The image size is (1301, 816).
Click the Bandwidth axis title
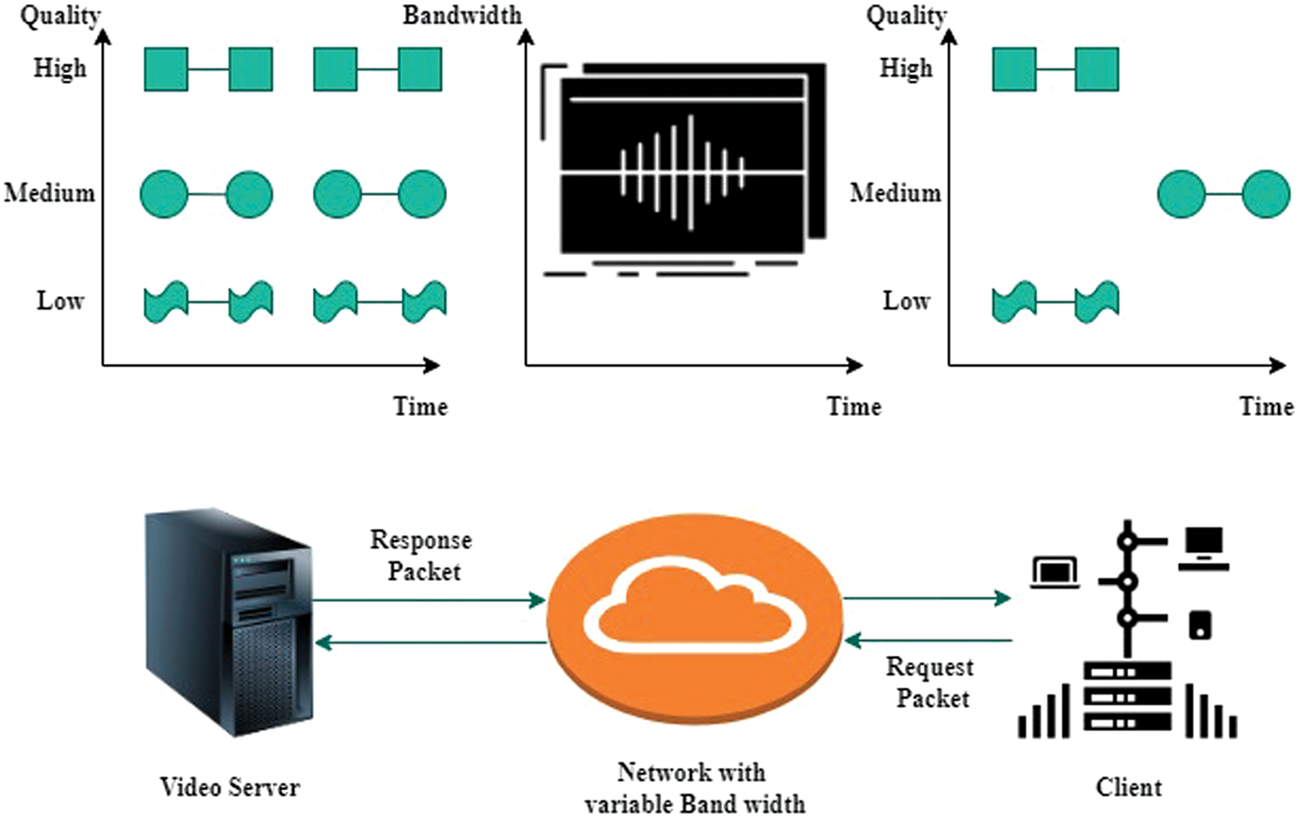coord(462,15)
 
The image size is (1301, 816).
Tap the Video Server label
coord(230,788)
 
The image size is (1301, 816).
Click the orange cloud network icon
coord(694,619)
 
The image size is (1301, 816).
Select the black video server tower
coord(229,623)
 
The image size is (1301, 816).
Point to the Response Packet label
coord(421,556)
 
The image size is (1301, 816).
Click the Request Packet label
coord(931,682)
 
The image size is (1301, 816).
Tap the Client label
coord(1129,788)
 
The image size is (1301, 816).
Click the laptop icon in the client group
coord(1055,573)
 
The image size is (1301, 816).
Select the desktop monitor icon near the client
coord(1204,549)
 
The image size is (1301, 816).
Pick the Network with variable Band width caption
coord(694,788)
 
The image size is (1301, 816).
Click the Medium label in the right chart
coord(895,193)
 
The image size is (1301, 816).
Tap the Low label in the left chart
coord(61,301)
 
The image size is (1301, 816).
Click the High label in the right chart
coord(906,68)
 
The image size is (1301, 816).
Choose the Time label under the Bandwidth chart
coord(854,406)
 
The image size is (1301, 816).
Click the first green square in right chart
coord(1014,70)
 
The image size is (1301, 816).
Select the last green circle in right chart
coord(1266,194)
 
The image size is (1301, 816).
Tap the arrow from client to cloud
coord(928,641)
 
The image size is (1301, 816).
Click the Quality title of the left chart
coord(61,17)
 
